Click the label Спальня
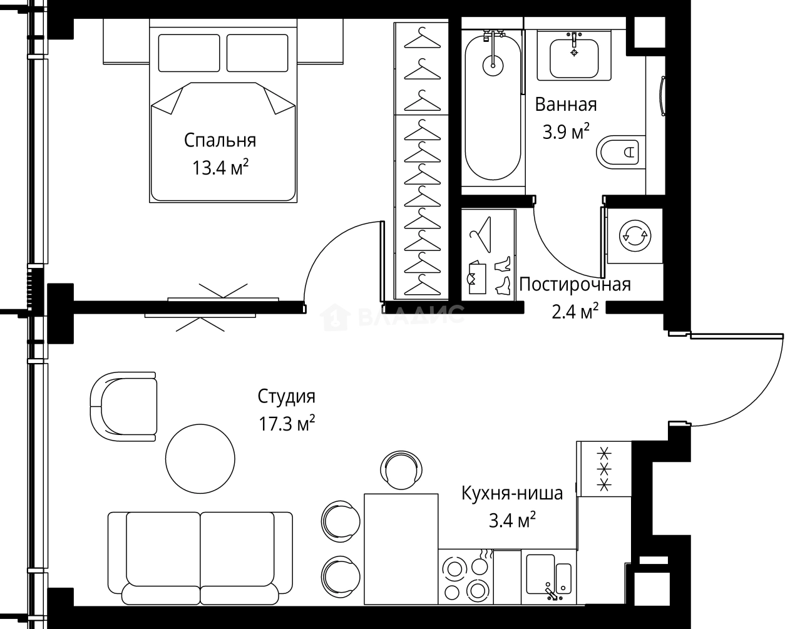(220, 140)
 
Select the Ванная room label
(565, 105)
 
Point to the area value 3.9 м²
(565, 131)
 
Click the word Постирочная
(575, 285)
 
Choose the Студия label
(286, 396)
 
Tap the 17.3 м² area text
(286, 424)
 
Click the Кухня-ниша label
(511, 493)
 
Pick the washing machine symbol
(635, 235)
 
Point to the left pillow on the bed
(189, 53)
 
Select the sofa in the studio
(200, 556)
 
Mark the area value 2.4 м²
(575, 311)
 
